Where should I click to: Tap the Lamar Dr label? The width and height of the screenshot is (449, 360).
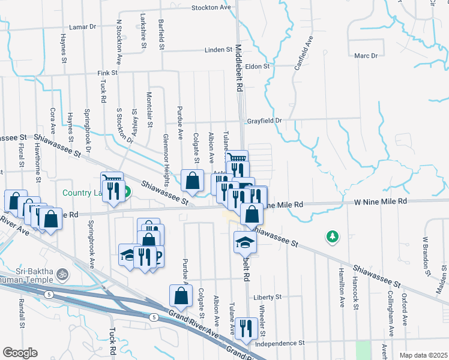click(83, 27)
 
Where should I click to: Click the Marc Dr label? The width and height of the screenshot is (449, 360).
click(366, 56)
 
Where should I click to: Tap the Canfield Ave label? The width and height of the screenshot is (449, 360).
click(304, 53)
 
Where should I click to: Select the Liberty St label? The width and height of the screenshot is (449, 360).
click(267, 297)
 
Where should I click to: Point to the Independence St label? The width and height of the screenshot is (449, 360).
click(280, 343)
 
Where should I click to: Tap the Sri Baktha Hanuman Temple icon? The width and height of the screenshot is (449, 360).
click(61, 276)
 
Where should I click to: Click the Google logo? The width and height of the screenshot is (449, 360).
click(20, 353)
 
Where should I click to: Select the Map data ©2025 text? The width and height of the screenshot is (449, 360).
click(423, 355)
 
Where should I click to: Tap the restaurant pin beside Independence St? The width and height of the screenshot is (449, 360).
click(246, 328)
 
